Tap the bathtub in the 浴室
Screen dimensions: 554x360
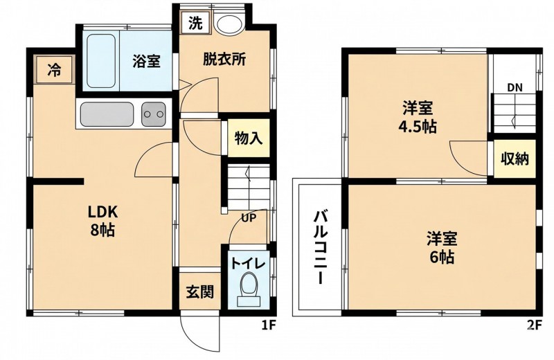(x=101, y=61)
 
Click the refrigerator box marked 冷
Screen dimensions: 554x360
(x=55, y=70)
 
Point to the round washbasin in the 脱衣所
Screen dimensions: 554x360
(x=229, y=24)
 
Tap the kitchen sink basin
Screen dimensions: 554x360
(x=107, y=114)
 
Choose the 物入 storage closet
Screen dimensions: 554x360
(x=249, y=138)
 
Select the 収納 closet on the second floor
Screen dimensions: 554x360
(x=515, y=159)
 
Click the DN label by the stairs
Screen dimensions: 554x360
(x=515, y=88)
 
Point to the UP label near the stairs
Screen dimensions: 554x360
(x=249, y=218)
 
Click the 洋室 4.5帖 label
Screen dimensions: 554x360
(x=418, y=116)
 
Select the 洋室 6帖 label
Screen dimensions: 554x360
(x=442, y=248)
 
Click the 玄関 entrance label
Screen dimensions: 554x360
(x=199, y=292)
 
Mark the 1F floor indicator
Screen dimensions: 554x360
(x=268, y=324)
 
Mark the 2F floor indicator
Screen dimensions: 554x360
(x=534, y=324)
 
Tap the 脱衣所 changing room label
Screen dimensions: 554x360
(x=224, y=60)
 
